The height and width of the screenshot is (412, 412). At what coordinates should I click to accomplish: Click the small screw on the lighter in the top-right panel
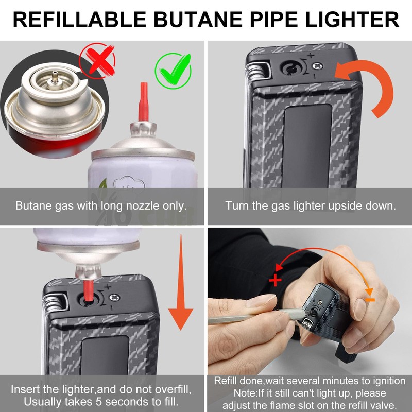point(321,65)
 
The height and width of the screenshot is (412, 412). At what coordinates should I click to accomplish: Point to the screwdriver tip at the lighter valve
point(308,314)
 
